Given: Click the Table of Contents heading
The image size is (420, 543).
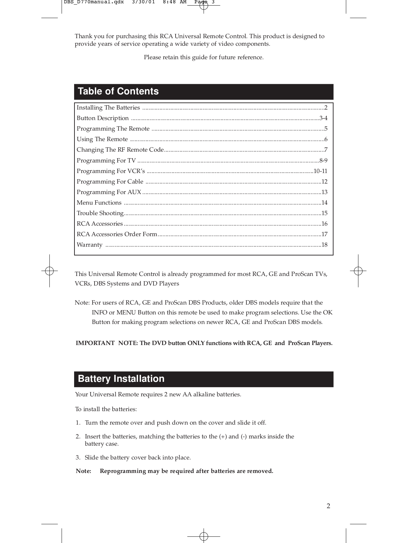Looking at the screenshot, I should point(118,91).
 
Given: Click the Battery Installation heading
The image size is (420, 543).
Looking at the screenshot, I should point(121,379).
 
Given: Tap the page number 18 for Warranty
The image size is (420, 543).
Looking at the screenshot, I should point(324,245).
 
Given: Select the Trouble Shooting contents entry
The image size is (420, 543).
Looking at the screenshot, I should point(100,213).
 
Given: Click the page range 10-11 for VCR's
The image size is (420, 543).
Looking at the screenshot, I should point(320,171).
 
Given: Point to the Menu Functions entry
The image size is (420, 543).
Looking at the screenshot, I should point(99,203).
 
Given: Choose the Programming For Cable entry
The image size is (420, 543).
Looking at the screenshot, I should point(110,182).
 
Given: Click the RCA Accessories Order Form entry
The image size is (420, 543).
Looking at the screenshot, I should point(117,234).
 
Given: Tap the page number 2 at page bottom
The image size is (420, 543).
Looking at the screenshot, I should point(328,506).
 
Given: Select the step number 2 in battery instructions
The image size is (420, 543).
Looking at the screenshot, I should point(78,436).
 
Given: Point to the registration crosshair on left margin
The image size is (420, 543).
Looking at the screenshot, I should point(49,271).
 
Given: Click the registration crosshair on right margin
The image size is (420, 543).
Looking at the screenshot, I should point(358,271).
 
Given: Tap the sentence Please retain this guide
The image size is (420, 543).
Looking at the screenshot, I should point(204,58).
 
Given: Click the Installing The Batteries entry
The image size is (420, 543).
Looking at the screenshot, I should point(108,108).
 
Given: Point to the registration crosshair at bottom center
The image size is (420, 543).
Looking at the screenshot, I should point(204,536).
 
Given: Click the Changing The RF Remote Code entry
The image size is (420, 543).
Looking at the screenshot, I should point(120,150).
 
